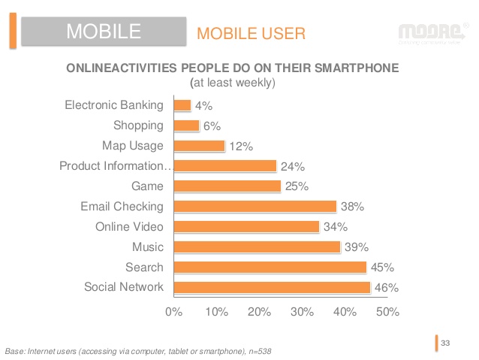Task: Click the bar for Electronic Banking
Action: click(x=182, y=106)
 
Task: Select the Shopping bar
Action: click(x=187, y=126)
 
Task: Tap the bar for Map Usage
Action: click(x=200, y=146)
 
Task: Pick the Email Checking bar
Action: click(x=255, y=206)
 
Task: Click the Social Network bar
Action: click(x=273, y=287)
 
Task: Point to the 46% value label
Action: click(x=386, y=287)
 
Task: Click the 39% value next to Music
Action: click(x=356, y=247)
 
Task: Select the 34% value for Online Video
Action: click(x=334, y=226)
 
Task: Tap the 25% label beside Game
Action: click(x=296, y=186)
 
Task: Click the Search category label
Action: click(x=144, y=267)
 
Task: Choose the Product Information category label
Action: click(x=115, y=166)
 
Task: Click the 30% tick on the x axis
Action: click(x=302, y=311)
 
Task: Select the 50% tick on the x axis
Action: click(x=387, y=311)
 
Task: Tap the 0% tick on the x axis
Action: click(x=173, y=311)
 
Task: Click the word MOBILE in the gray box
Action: click(x=104, y=31)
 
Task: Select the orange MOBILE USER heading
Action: click(x=250, y=33)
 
